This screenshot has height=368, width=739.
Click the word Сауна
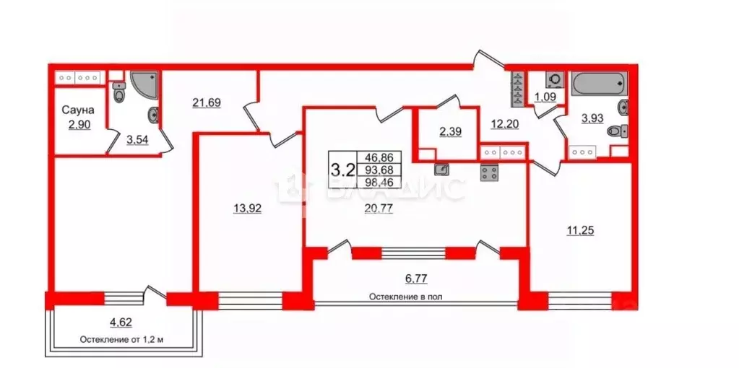[x=77, y=111]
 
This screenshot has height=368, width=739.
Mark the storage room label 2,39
[x=446, y=131]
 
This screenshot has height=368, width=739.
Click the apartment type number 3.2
[x=342, y=170]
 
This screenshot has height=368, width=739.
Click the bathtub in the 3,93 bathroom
[x=598, y=84]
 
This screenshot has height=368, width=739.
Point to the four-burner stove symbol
[x=490, y=173]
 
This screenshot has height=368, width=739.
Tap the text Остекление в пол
[x=405, y=297]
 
